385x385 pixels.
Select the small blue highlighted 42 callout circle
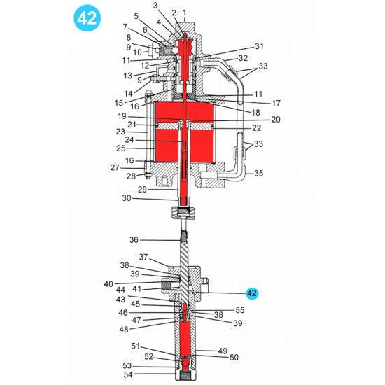point(252,294)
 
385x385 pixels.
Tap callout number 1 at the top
point(184,13)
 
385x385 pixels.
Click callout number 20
point(275,120)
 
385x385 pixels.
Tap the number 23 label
point(120,132)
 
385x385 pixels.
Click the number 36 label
point(134,239)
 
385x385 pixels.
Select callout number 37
point(143,257)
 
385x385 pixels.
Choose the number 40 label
point(108,283)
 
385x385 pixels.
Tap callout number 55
point(240,309)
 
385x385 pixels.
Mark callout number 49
point(223,351)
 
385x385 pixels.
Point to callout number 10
point(137,52)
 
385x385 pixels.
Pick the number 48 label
point(123,330)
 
